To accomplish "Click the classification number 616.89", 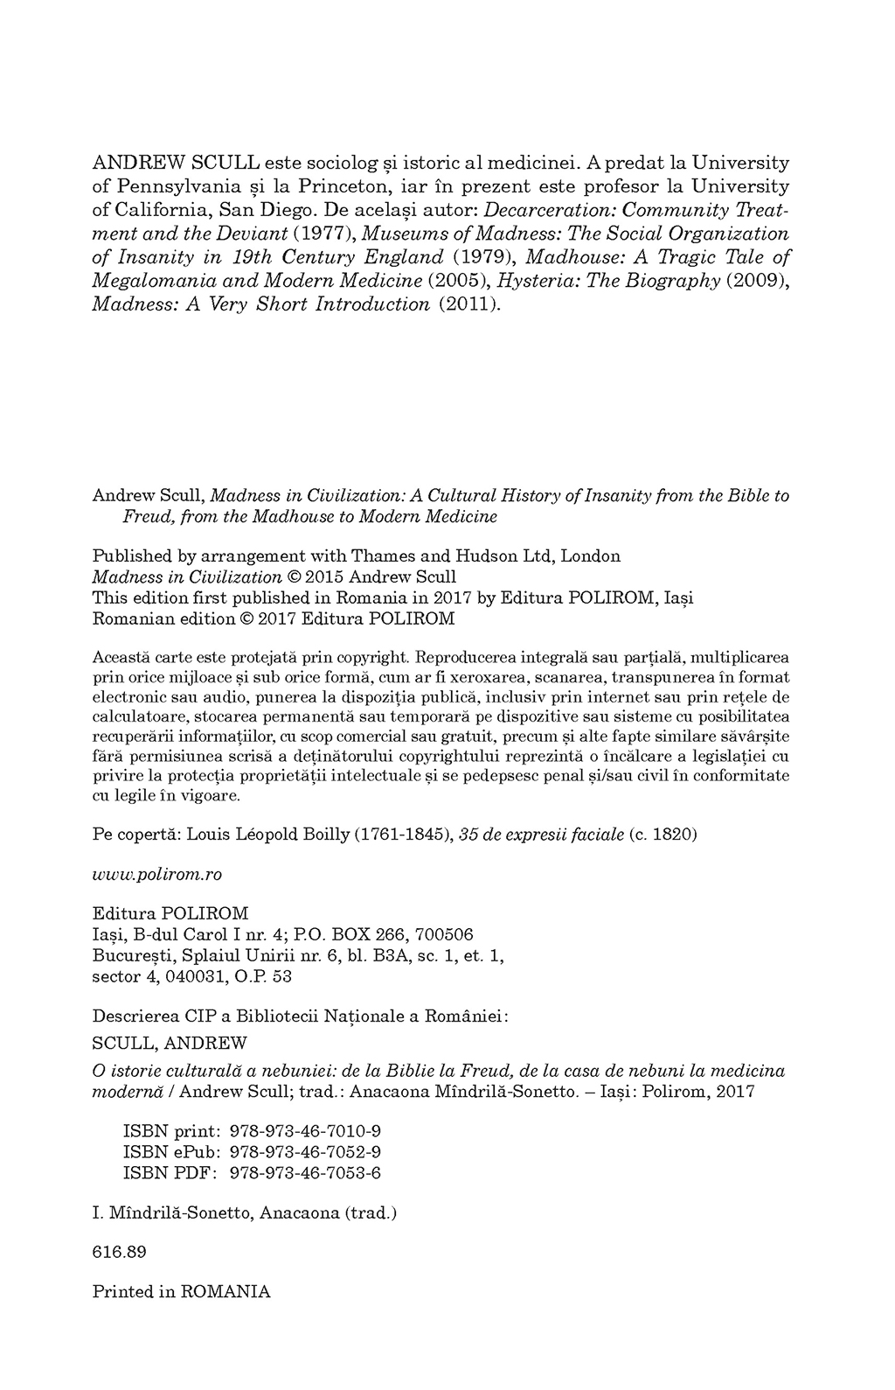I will pos(119,1252).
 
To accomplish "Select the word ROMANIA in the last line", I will pos(225,1292).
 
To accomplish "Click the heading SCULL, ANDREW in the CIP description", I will pos(170,1043).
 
